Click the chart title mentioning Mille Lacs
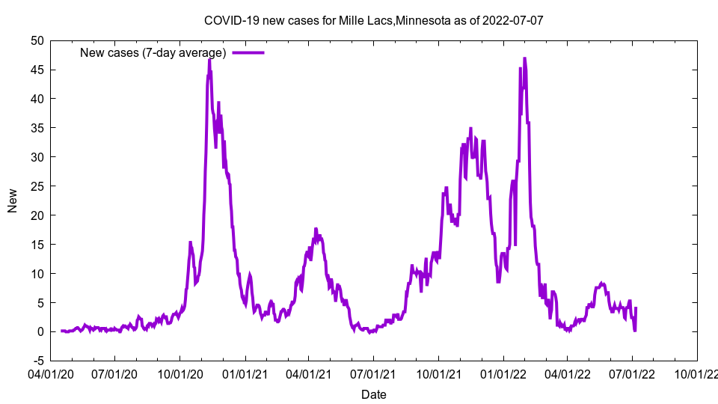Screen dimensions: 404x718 click(x=373, y=20)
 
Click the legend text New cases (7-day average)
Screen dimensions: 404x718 click(x=153, y=52)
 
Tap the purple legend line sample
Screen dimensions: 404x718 click(x=248, y=52)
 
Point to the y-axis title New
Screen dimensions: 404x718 click(x=13, y=199)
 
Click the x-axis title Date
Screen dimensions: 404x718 click(x=373, y=394)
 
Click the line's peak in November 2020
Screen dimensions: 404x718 click(x=209, y=59)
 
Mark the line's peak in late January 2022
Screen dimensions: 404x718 click(x=524, y=58)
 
